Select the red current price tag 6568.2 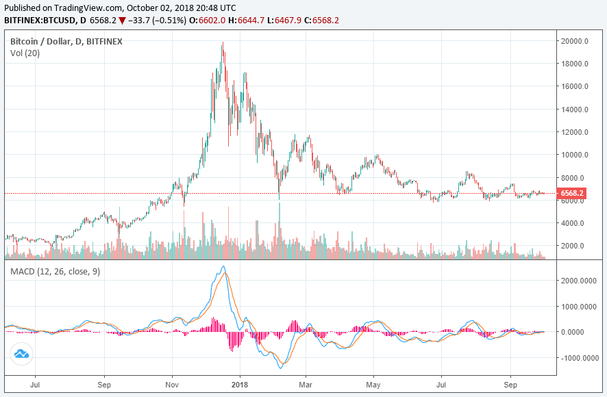click(572, 194)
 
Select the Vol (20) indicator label click(25, 53)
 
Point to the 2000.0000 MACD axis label click(579, 281)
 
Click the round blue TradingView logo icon click(21, 354)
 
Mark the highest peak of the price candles click(222, 44)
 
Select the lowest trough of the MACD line click(280, 368)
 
